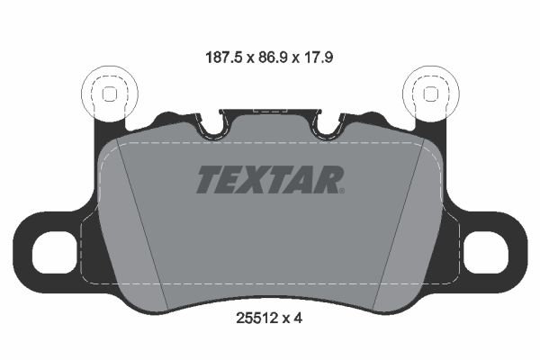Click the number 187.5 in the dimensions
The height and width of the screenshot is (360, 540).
click(x=225, y=58)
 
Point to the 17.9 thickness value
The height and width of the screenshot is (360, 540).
click(x=318, y=58)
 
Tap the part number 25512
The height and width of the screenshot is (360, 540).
click(x=256, y=319)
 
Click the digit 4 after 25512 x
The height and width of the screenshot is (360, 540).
click(x=298, y=319)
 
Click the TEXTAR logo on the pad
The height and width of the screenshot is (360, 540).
click(x=270, y=179)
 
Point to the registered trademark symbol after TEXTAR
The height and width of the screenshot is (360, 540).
click(x=342, y=190)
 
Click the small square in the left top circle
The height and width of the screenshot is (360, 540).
click(x=110, y=94)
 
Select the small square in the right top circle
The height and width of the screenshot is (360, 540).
click(x=430, y=94)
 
